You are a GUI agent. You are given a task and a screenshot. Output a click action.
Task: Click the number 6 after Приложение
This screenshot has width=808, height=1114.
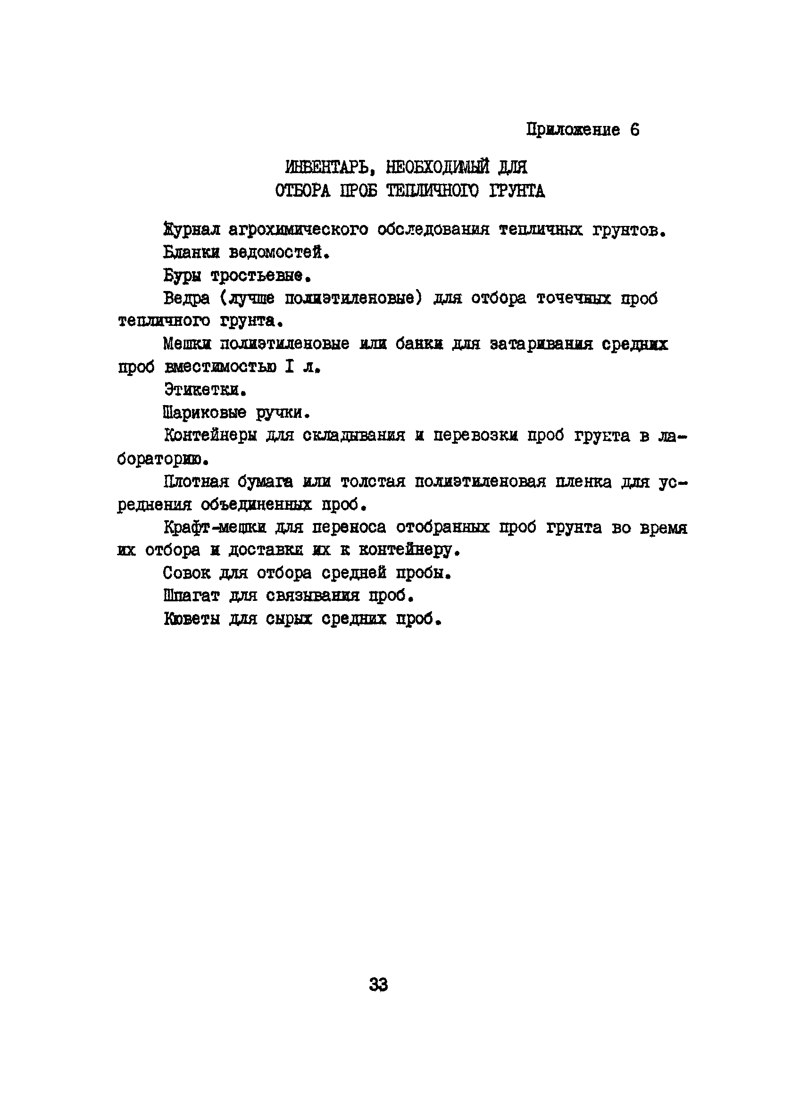pos(634,130)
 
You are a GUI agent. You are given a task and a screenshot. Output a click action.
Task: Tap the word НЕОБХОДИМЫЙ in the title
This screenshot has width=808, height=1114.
pos(437,167)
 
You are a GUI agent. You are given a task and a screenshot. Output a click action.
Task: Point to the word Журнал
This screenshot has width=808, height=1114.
pos(192,229)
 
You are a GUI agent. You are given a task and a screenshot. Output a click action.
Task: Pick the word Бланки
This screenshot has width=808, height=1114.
pos(192,252)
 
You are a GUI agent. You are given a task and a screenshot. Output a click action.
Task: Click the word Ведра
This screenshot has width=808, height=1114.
pos(187,298)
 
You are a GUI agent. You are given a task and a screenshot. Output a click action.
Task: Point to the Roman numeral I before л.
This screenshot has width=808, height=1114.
pos(289,367)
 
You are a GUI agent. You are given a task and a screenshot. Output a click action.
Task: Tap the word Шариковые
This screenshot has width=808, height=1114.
pos(204,413)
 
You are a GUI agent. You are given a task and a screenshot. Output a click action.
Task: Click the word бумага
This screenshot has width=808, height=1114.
pos(265,482)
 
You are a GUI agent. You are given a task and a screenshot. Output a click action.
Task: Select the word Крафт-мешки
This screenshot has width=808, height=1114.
pos(215,528)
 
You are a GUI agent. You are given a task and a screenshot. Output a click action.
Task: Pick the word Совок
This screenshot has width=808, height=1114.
pos(186,573)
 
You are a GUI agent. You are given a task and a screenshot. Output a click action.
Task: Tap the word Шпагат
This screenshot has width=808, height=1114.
pos(191,596)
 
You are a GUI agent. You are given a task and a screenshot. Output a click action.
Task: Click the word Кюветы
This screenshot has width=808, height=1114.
pos(192,619)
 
